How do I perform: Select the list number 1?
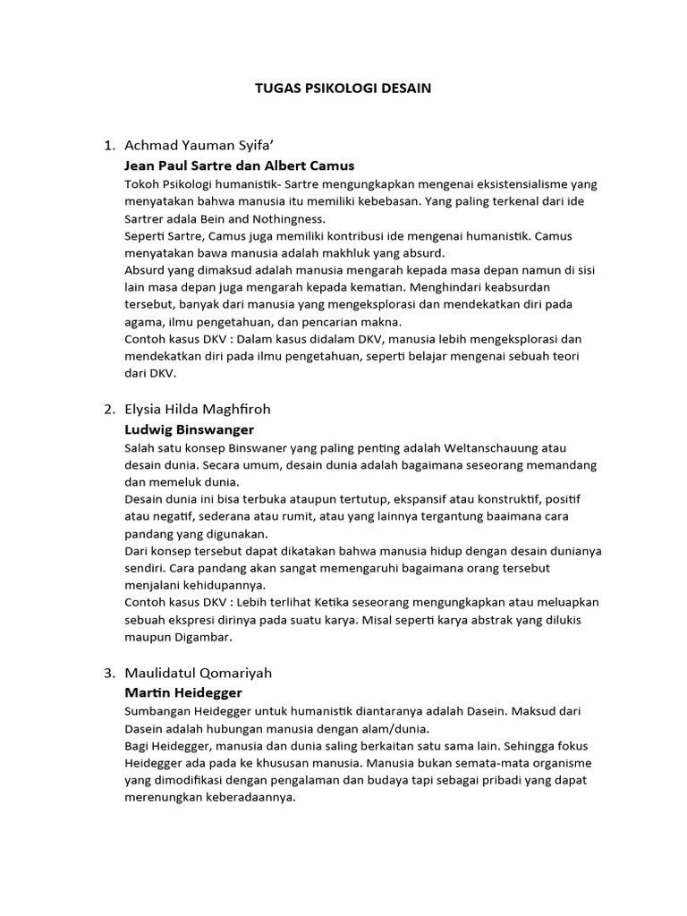108,145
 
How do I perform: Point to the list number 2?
108,409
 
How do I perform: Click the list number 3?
108,673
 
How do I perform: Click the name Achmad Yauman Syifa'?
197,145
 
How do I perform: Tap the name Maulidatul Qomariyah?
198,673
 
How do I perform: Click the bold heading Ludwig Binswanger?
190,429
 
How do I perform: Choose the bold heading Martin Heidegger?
183,693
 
